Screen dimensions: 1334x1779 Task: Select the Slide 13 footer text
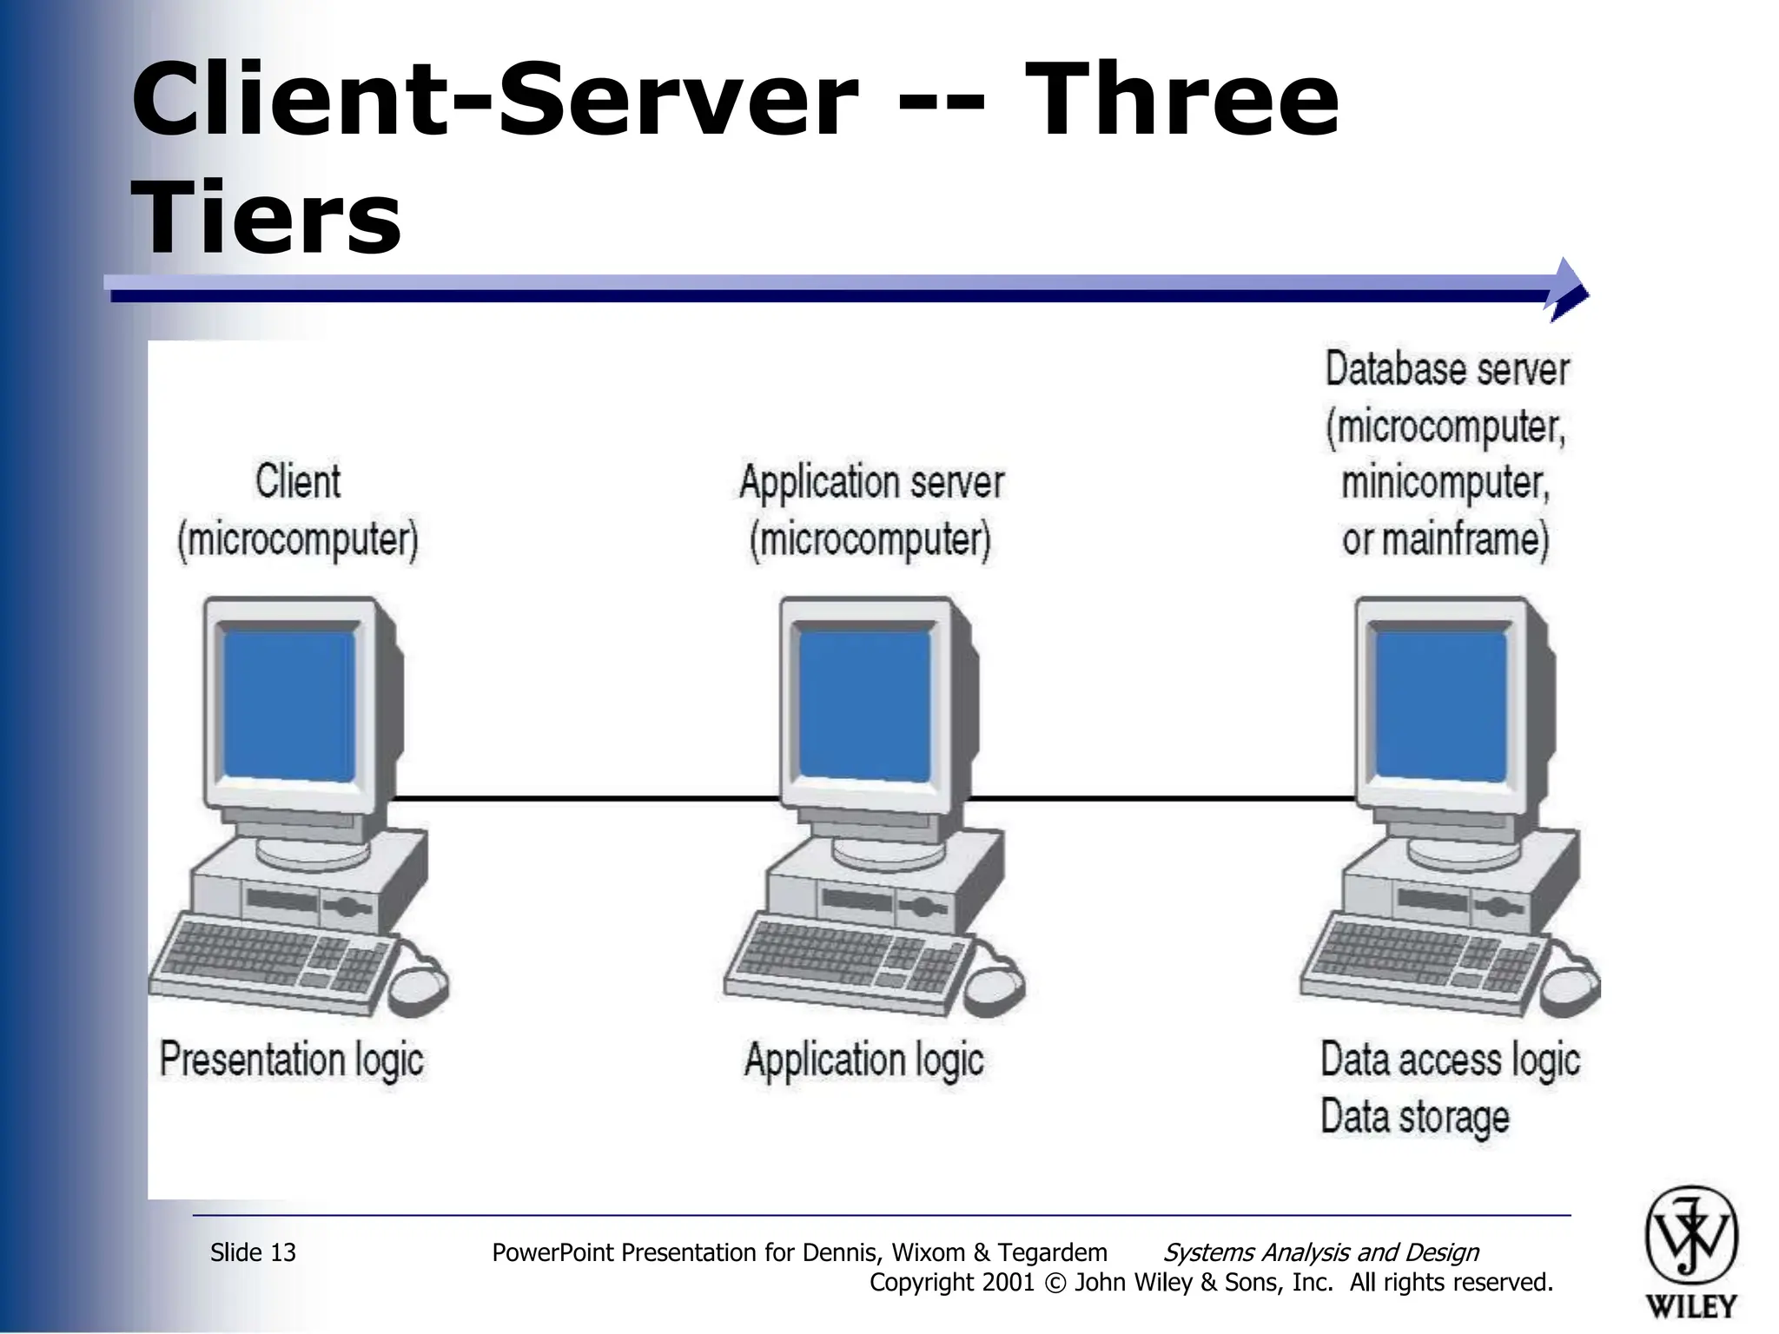[253, 1252]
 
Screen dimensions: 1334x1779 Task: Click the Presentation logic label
[292, 1060]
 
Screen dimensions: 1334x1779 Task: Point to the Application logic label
[864, 1060]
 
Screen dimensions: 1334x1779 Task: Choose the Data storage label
[1414, 1117]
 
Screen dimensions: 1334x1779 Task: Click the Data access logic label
[1450, 1060]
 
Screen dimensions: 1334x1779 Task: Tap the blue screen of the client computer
[289, 704]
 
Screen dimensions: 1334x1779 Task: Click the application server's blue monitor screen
[865, 704]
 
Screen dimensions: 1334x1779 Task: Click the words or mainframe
[1445, 539]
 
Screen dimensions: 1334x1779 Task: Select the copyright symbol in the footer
[1055, 1283]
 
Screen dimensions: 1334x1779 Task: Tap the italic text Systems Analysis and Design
[1320, 1252]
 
